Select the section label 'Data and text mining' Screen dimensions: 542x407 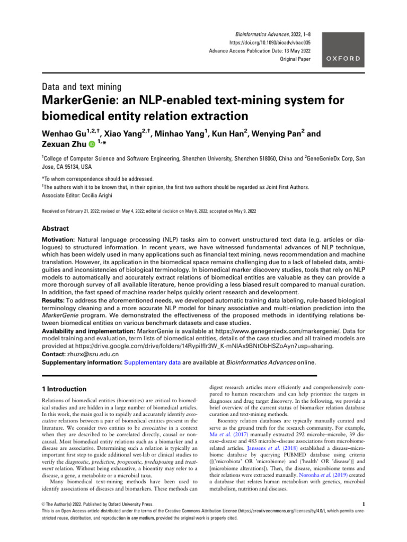[x=83, y=86]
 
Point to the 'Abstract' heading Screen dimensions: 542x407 [x=56, y=229]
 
